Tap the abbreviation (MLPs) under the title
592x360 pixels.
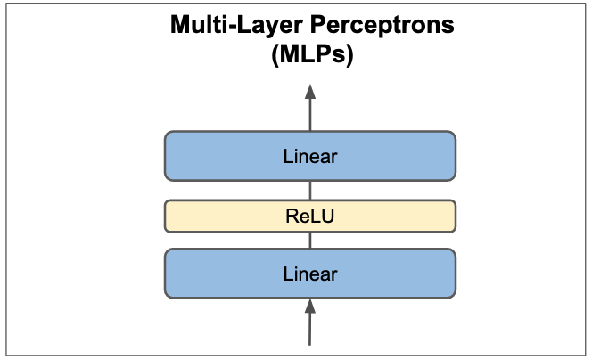pos(310,57)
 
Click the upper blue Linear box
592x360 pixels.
pos(310,156)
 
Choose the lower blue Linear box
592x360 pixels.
pos(310,274)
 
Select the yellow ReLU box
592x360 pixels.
pos(310,215)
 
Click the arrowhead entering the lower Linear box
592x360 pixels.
pos(310,307)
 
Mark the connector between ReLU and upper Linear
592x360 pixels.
pos(310,190)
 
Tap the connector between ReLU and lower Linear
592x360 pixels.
pos(310,240)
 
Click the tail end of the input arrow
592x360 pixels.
pos(310,343)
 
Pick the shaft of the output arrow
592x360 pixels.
pos(310,114)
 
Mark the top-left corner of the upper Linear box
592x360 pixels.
pos(167,134)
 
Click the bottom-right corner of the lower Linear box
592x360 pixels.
pos(454,295)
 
